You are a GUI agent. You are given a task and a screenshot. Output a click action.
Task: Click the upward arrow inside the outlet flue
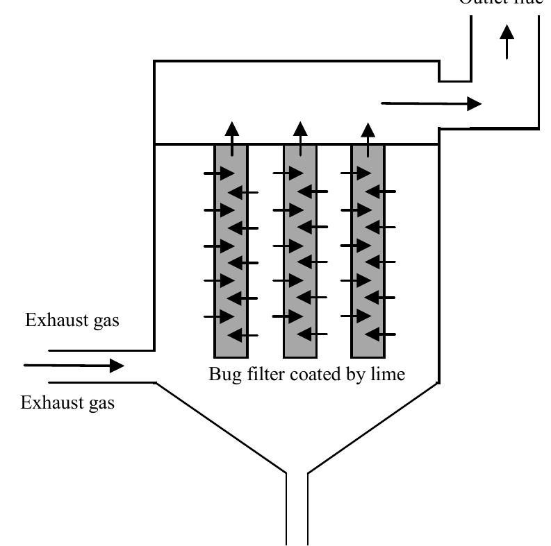(x=507, y=41)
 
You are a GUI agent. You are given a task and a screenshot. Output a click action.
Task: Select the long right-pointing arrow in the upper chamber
(x=431, y=104)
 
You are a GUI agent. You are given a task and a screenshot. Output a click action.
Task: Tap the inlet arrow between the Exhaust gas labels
(x=74, y=366)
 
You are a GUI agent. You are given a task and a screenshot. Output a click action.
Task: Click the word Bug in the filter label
(x=224, y=375)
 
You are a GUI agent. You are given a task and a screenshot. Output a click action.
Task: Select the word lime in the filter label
(x=388, y=374)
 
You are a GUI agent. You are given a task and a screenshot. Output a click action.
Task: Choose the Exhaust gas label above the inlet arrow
(x=72, y=321)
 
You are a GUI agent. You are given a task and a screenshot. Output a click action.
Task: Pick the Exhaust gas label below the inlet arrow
(x=68, y=403)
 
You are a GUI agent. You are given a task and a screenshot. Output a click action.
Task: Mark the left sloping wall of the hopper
(x=220, y=427)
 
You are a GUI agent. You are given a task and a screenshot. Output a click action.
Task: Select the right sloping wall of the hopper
(x=373, y=427)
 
